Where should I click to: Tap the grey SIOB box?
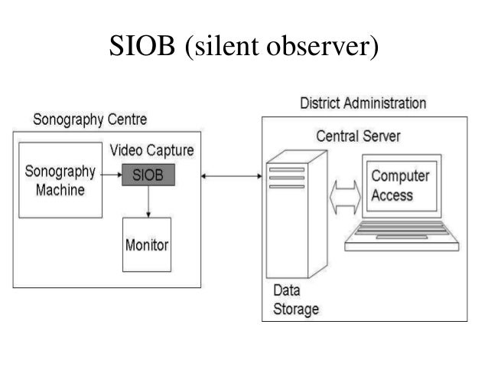tap(148, 175)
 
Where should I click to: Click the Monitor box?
tap(147, 245)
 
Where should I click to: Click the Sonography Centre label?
tap(89, 120)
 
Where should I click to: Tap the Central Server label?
tap(358, 136)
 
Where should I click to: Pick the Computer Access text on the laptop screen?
tap(400, 185)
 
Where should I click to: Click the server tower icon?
tap(286, 219)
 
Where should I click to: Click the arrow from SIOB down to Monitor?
tap(148, 202)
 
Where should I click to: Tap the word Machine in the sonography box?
tap(61, 188)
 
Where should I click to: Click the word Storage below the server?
tap(296, 309)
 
